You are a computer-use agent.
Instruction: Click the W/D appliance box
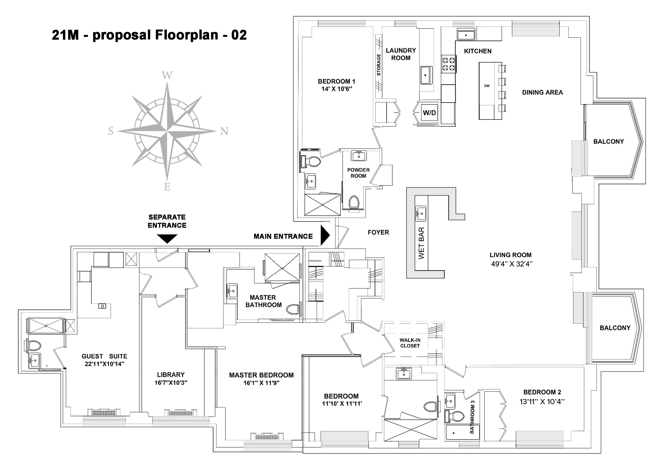[429, 112]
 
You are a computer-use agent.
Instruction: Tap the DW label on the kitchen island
[487, 86]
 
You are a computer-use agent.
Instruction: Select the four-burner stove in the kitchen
[449, 64]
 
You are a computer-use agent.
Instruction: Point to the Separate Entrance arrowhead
[167, 239]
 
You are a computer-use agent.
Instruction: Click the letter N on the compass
[224, 131]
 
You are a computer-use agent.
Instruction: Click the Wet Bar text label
[421, 243]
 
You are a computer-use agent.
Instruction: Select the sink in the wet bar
[421, 214]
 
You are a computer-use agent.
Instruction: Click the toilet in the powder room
[354, 202]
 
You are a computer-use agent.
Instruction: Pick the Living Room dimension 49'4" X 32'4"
[512, 264]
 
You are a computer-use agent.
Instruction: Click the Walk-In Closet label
[410, 343]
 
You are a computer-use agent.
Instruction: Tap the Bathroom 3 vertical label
[472, 417]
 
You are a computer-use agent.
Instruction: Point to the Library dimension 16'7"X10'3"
[171, 383]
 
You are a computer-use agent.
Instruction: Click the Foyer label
[378, 232]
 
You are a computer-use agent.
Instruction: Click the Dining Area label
[542, 93]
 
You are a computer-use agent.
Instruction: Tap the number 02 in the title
[239, 35]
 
